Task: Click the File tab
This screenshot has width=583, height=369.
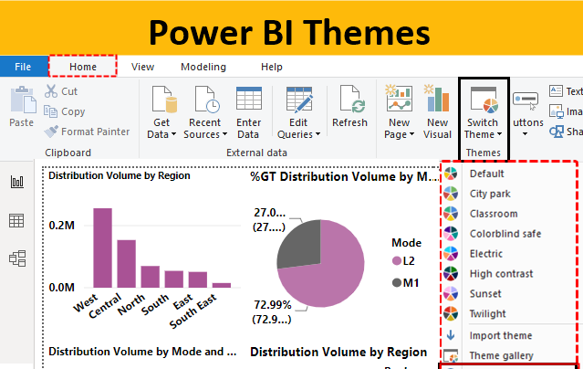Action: pyautogui.click(x=23, y=67)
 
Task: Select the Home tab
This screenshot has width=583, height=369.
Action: pyautogui.click(x=83, y=67)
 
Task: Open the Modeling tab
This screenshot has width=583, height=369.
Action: pyautogui.click(x=203, y=67)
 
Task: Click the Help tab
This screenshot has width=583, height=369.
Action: pyautogui.click(x=272, y=67)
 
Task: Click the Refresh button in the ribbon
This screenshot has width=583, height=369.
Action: pyautogui.click(x=349, y=109)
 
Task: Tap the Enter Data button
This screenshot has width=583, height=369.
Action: pyautogui.click(x=248, y=113)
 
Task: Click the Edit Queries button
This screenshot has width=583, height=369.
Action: pyautogui.click(x=299, y=113)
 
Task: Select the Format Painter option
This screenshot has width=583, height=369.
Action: pyautogui.click(x=88, y=131)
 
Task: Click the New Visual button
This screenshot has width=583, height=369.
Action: pyautogui.click(x=438, y=113)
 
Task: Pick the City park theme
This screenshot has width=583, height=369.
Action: pyautogui.click(x=490, y=194)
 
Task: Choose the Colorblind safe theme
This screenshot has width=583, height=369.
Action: pyautogui.click(x=505, y=234)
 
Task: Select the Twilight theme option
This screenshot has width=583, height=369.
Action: pyautogui.click(x=488, y=313)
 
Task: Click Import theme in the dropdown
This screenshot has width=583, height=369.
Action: pyautogui.click(x=501, y=335)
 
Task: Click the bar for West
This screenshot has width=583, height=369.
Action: pyautogui.click(x=103, y=248)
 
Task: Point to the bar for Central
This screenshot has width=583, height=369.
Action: pyautogui.click(x=127, y=263)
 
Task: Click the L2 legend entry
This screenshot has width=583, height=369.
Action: pyautogui.click(x=408, y=261)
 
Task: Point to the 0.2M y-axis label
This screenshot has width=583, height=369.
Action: pyautogui.click(x=62, y=225)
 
